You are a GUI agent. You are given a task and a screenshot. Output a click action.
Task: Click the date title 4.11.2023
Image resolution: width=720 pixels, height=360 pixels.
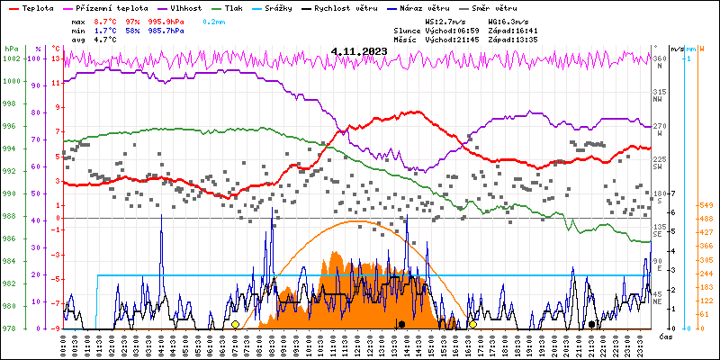(x=358, y=51)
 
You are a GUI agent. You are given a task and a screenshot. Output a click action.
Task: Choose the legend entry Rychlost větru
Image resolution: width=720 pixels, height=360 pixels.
(x=364, y=7)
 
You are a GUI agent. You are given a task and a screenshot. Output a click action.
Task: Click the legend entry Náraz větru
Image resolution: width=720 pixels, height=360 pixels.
(x=449, y=7)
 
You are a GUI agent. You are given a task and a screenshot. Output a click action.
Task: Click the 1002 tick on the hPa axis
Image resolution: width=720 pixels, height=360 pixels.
(x=12, y=58)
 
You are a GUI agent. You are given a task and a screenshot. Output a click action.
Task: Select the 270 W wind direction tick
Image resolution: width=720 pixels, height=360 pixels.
(x=660, y=126)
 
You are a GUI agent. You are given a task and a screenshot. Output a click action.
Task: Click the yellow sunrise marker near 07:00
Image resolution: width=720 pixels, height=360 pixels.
(x=235, y=324)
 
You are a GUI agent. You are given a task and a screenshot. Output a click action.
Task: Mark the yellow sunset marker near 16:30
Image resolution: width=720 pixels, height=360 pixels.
(x=472, y=324)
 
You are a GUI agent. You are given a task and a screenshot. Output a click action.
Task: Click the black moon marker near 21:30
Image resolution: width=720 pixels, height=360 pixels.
(x=591, y=324)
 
